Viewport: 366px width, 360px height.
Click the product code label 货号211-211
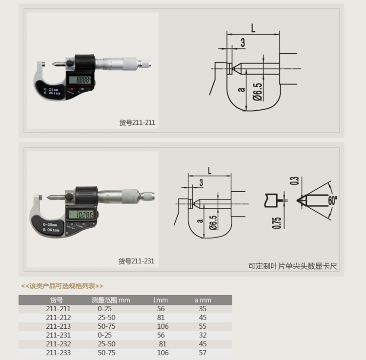coord(137,123)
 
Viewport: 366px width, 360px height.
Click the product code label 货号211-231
coord(136,261)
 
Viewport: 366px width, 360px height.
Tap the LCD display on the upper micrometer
coord(79,80)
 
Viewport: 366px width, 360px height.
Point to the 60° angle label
coord(332,200)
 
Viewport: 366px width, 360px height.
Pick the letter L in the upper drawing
coord(253,28)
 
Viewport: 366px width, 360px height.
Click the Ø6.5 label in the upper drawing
coord(258,91)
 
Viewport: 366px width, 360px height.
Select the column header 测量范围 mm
coord(111,300)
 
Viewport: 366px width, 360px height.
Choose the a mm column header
coord(203,300)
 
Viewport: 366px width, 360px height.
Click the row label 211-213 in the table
coord(58,326)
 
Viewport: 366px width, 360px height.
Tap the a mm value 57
coord(203,353)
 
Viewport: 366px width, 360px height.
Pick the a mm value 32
coord(203,335)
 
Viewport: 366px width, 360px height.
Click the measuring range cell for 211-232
coord(106,344)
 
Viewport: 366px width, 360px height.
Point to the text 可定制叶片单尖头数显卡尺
coord(293,266)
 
